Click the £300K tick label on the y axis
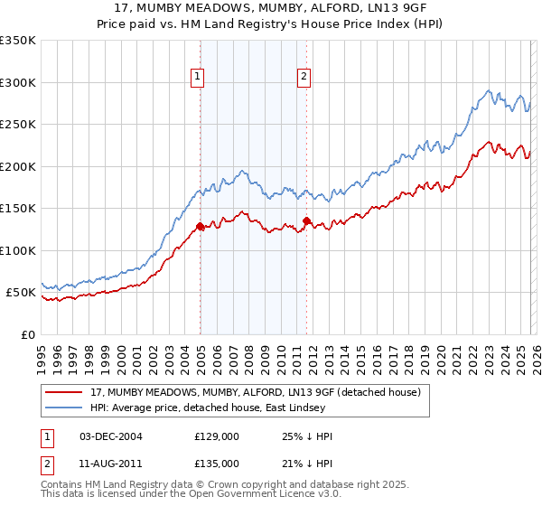18,82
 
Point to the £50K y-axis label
21,293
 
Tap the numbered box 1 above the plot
197,78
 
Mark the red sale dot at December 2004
200,227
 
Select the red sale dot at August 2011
306,220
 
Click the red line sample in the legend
66,393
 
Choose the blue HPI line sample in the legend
66,408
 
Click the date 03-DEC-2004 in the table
111,436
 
